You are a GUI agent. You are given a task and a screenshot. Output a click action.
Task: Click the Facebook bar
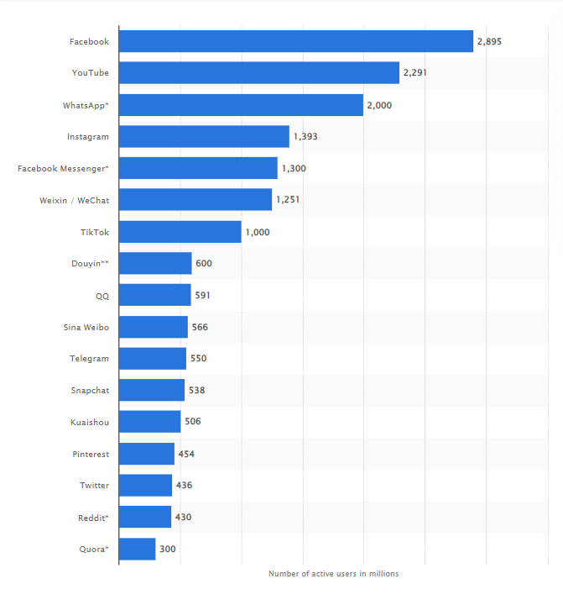tap(295, 41)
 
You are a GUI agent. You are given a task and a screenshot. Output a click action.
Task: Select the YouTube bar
tap(258, 73)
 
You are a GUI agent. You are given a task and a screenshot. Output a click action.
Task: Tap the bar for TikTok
tap(180, 232)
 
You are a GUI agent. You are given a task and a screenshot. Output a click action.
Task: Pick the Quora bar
tap(137, 550)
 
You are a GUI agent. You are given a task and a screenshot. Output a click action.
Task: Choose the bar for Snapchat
tap(151, 391)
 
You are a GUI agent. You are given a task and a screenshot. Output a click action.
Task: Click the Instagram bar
tap(204, 136)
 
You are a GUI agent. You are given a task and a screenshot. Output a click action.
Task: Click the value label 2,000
tap(379, 105)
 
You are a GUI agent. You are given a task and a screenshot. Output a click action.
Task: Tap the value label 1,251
tap(288, 200)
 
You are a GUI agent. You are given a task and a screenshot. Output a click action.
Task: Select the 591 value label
tap(203, 296)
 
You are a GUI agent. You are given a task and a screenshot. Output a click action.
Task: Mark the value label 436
tap(184, 486)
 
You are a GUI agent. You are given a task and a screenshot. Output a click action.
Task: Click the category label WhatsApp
tap(86, 105)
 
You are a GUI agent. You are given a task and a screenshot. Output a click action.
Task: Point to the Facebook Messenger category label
tap(63, 169)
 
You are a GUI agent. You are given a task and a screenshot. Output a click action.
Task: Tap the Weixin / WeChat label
tap(75, 200)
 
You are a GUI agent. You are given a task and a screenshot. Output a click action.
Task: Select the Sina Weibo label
tap(86, 327)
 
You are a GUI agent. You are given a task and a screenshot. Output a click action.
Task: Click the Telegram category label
tap(89, 359)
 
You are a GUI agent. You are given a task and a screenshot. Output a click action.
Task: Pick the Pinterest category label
tap(90, 454)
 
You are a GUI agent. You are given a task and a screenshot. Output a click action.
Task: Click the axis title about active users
tap(333, 574)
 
